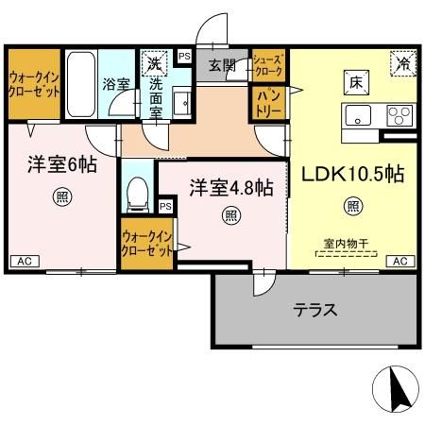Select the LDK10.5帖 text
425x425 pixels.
[x=352, y=174]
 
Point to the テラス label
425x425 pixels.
[x=314, y=309]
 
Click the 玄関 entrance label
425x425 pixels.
[x=223, y=64]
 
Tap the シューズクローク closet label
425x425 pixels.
[x=268, y=65]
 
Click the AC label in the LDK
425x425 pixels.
[x=399, y=261]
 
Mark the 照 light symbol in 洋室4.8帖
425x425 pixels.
[x=230, y=215]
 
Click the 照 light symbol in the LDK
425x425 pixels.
[x=352, y=204]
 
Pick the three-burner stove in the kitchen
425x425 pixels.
[x=398, y=117]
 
